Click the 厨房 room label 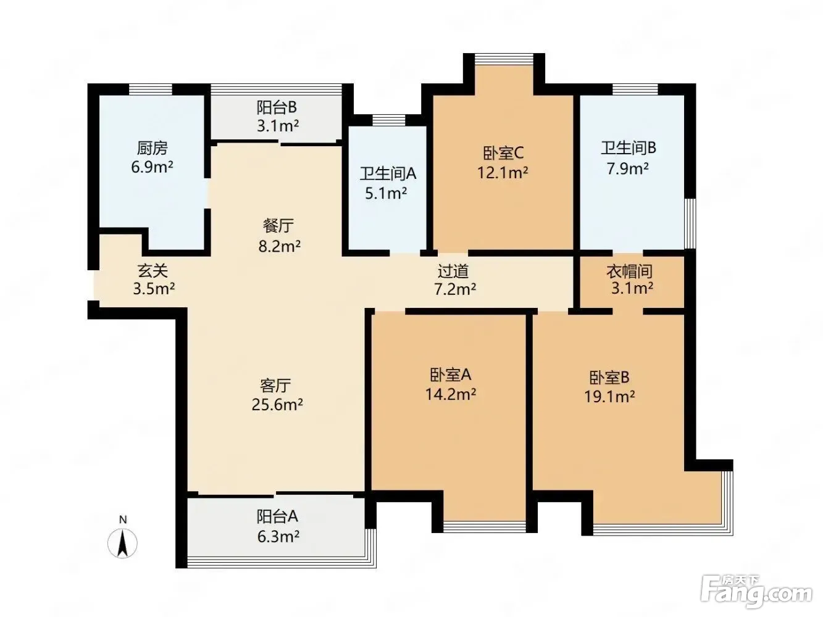tap(152, 148)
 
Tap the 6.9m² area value tap(152, 167)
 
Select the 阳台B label tap(277, 107)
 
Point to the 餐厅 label tap(278, 226)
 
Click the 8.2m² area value tap(279, 246)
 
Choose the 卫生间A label tap(388, 174)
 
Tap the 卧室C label tap(503, 153)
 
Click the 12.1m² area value tap(503, 173)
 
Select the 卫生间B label tap(629, 148)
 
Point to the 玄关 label tap(152, 270)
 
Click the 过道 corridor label tap(453, 271)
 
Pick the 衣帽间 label tap(630, 271)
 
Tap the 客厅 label tap(275, 385)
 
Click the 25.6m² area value tap(277, 405)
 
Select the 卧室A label tap(450, 375)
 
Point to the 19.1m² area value tap(609, 396)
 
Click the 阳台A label tap(277, 516)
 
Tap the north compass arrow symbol tap(122, 544)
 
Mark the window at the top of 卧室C tap(504, 59)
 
